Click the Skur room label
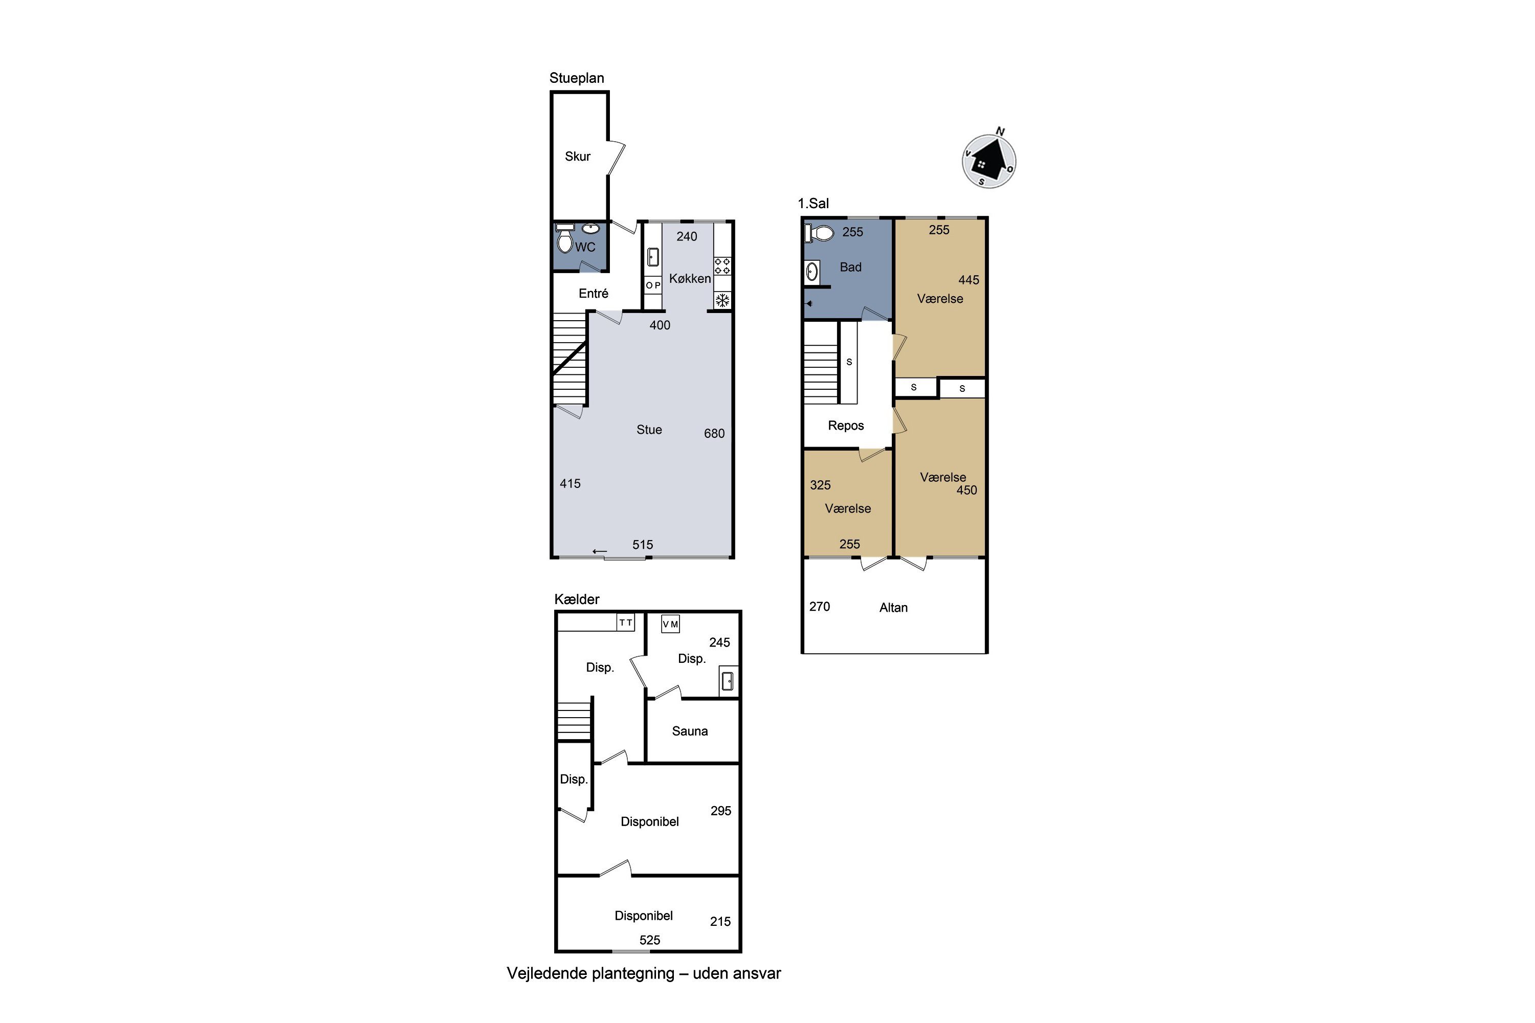pyautogui.click(x=578, y=157)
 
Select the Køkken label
pyautogui.click(x=690, y=279)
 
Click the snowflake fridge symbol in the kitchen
pyautogui.click(x=722, y=301)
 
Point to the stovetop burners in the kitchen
pyautogui.click(x=722, y=266)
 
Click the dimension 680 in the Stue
pyautogui.click(x=714, y=433)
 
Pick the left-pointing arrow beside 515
pyautogui.click(x=600, y=551)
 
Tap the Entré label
pyautogui.click(x=593, y=294)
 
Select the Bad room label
pyautogui.click(x=850, y=267)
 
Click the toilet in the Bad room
pyautogui.click(x=820, y=233)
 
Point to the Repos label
pyautogui.click(x=846, y=426)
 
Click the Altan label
pyautogui.click(x=893, y=608)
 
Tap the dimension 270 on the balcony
pyautogui.click(x=820, y=606)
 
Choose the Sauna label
pyautogui.click(x=690, y=731)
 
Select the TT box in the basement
pyautogui.click(x=626, y=622)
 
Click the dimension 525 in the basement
pyautogui.click(x=650, y=940)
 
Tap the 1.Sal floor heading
pyautogui.click(x=813, y=203)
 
